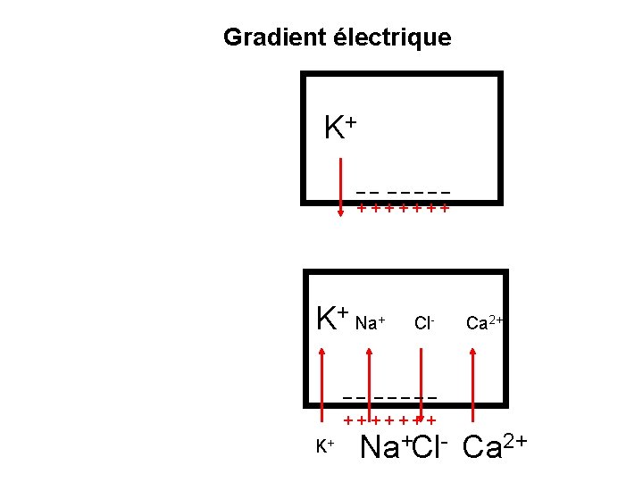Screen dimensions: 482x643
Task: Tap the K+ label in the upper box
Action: pyautogui.click(x=340, y=129)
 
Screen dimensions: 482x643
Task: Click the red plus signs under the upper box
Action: pyautogui.click(x=403, y=209)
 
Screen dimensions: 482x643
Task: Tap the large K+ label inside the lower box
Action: pyautogui.click(x=333, y=318)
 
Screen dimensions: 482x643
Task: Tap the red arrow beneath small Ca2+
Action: pyautogui.click(x=473, y=385)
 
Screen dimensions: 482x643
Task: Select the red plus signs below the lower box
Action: pyautogui.click(x=390, y=419)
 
